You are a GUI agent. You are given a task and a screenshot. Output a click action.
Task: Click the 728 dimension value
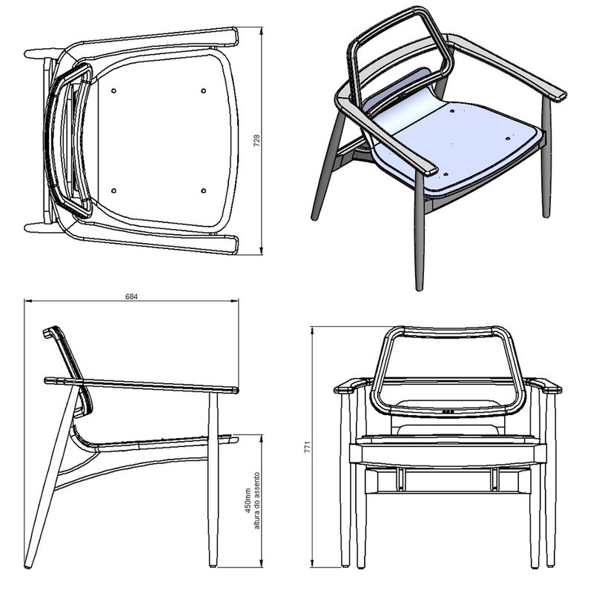click(256, 141)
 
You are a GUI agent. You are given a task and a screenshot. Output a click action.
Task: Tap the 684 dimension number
click(132, 297)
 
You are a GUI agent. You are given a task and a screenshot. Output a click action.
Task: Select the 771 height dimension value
click(308, 447)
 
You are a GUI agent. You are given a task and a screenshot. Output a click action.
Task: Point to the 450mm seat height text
click(248, 500)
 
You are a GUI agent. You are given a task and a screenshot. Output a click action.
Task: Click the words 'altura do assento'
click(257, 500)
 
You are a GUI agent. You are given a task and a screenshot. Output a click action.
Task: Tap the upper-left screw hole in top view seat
click(113, 90)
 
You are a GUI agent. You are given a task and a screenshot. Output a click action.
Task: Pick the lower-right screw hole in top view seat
click(203, 191)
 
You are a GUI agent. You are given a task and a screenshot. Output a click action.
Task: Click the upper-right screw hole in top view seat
click(203, 90)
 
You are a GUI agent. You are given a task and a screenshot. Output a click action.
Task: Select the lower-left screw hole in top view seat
click(113, 191)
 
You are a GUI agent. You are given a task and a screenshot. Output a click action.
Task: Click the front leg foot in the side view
click(213, 565)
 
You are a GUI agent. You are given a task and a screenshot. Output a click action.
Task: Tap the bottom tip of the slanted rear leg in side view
click(27, 566)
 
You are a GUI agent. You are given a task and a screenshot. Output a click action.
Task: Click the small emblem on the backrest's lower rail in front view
click(448, 411)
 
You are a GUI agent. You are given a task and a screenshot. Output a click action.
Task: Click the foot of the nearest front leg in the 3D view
click(419, 288)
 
